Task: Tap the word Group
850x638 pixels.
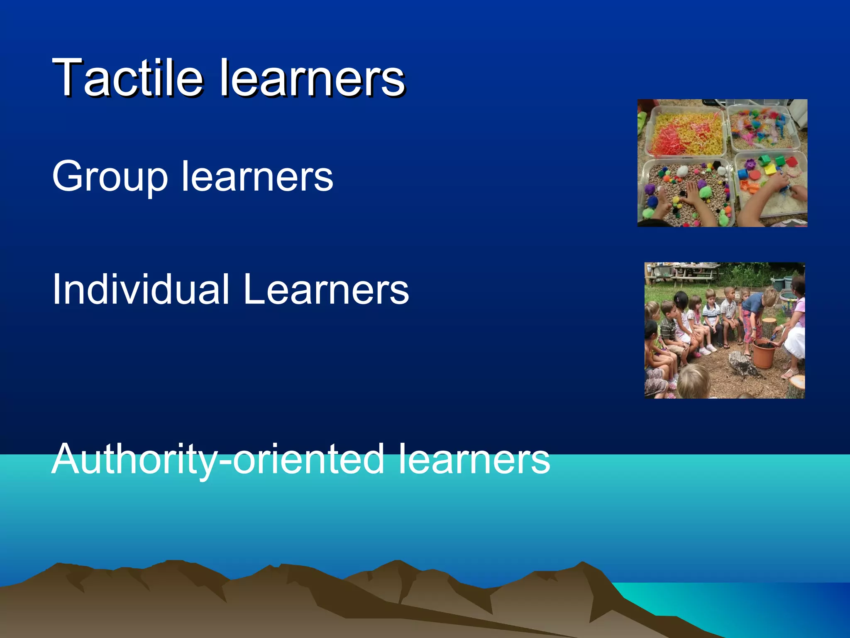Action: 110,177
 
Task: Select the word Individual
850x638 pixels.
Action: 141,289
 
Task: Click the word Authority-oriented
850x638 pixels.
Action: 218,459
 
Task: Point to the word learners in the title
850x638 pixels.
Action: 312,78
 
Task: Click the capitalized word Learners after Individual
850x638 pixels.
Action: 326,289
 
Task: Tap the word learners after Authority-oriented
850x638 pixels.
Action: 474,459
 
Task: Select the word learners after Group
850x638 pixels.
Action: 257,177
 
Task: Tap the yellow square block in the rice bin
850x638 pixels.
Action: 771,169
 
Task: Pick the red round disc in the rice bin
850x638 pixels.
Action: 755,174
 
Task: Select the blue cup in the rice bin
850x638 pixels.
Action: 743,174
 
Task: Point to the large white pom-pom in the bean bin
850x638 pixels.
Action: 681,170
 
